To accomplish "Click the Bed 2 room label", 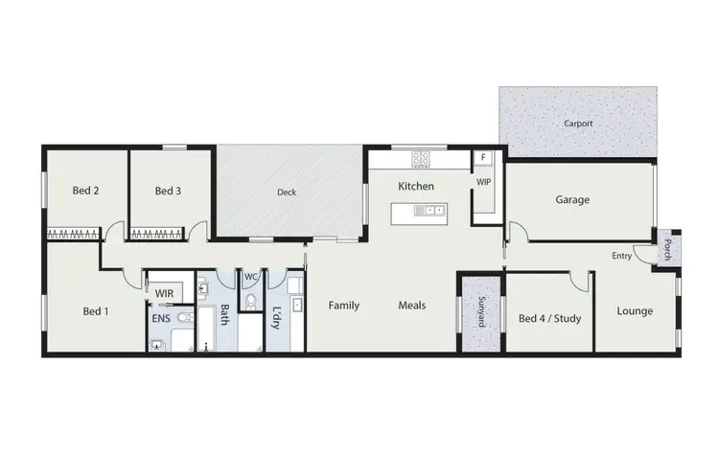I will (x=86, y=191).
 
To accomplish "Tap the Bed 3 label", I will (x=168, y=191).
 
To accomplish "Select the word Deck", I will (x=287, y=193).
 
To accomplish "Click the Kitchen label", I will (x=416, y=186).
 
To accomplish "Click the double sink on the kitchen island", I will (x=431, y=210).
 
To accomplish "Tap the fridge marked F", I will (x=484, y=157).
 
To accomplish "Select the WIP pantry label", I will (x=483, y=180).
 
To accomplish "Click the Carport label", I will (x=578, y=124).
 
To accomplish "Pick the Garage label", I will (x=572, y=200).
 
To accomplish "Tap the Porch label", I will (x=667, y=251).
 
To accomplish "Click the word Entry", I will (x=623, y=255).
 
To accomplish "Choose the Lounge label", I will (x=635, y=310).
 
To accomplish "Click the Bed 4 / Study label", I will (x=549, y=319).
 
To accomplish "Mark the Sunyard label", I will (x=479, y=313).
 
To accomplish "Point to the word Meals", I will (x=412, y=306).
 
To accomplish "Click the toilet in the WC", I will (x=250, y=301).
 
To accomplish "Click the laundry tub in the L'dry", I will (x=296, y=306).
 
